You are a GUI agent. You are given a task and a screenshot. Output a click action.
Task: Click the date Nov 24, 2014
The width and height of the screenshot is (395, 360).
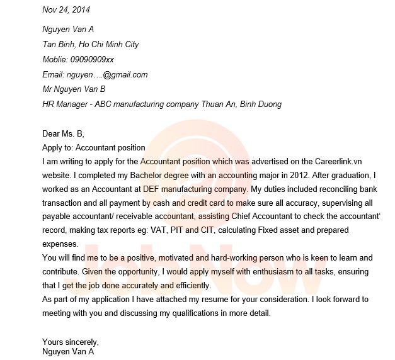pos(66,9)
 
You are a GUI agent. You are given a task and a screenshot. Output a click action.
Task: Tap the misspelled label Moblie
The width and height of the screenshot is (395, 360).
pos(55,59)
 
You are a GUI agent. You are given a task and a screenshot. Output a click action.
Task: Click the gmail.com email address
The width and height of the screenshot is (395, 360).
pos(125,74)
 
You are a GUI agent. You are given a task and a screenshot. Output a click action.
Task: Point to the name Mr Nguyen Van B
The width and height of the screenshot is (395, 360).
pos(74,89)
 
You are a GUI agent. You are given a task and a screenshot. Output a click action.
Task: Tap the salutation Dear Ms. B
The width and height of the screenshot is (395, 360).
pos(62,133)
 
